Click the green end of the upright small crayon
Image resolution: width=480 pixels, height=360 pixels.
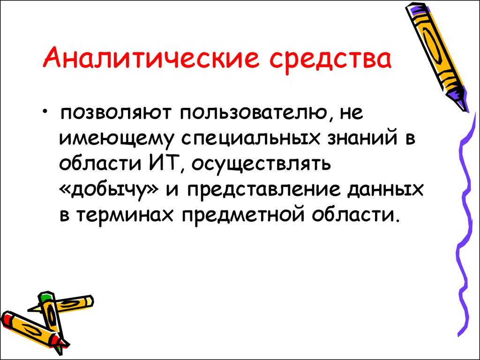(45, 297)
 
